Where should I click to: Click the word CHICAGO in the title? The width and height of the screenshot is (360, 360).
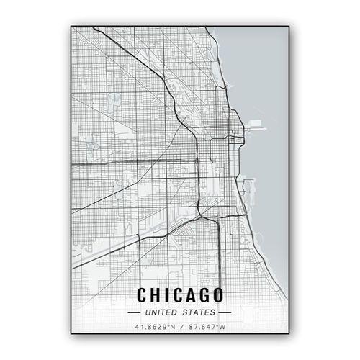coord(180,294)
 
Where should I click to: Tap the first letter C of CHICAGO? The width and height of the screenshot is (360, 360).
coord(142,294)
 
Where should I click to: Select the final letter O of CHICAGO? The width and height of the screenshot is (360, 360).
coord(216,294)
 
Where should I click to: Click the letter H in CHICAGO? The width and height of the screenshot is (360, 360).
coord(156,294)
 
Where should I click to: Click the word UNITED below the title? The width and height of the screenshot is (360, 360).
coord(160,312)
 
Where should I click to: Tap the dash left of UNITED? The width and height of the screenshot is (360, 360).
coord(134,312)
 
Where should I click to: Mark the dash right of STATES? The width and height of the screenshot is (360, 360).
coord(225,312)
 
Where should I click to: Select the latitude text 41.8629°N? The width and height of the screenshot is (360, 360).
coord(154,327)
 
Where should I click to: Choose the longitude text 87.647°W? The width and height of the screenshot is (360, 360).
coord(204,327)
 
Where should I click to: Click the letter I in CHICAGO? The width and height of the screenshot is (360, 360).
coord(166,294)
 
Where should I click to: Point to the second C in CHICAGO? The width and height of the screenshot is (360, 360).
coord(176,294)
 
